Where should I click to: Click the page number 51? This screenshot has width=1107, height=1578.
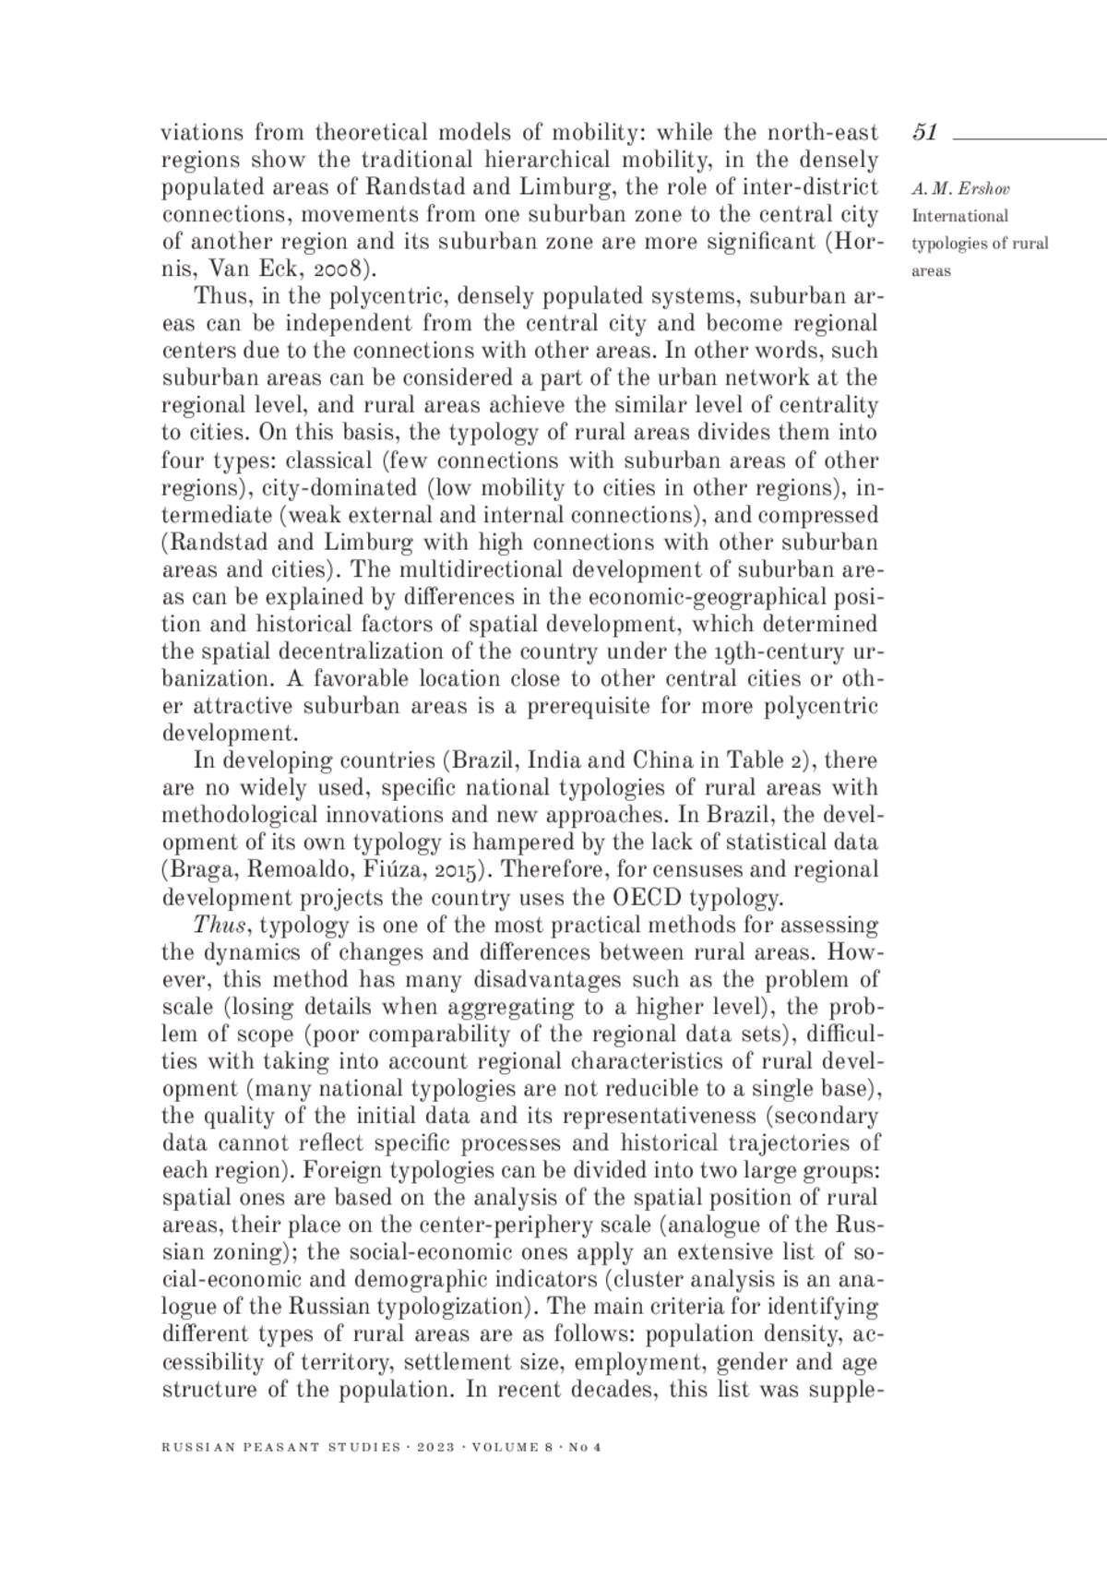pos(924,133)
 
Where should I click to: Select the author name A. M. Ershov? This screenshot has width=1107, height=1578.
pos(960,189)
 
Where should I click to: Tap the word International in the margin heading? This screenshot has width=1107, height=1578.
pos(959,217)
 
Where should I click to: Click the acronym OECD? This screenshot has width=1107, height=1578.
pos(646,898)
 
